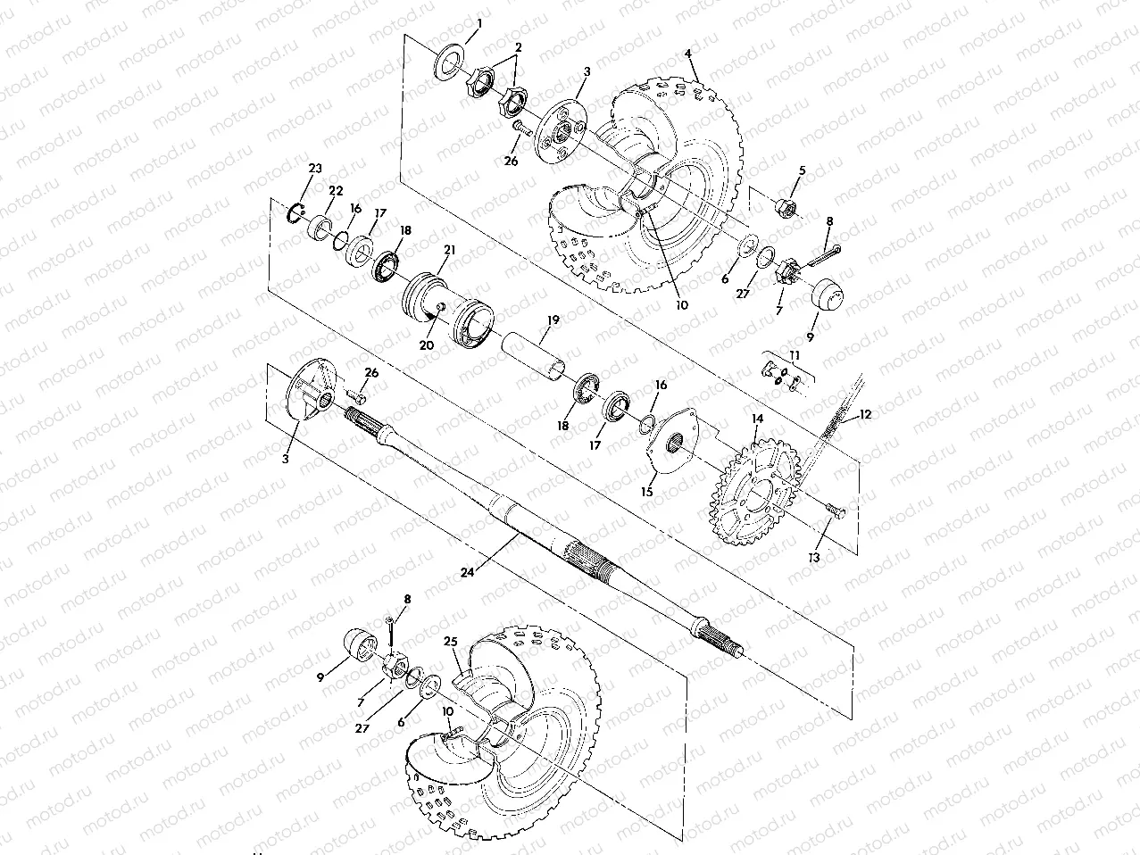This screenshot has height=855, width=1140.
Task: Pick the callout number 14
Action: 757,418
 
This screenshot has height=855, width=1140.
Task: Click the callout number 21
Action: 449,251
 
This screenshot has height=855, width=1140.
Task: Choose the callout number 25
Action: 450,641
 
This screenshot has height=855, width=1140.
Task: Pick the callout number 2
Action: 518,46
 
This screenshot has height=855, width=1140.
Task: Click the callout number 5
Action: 802,170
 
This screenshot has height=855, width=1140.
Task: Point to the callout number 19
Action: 553,319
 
